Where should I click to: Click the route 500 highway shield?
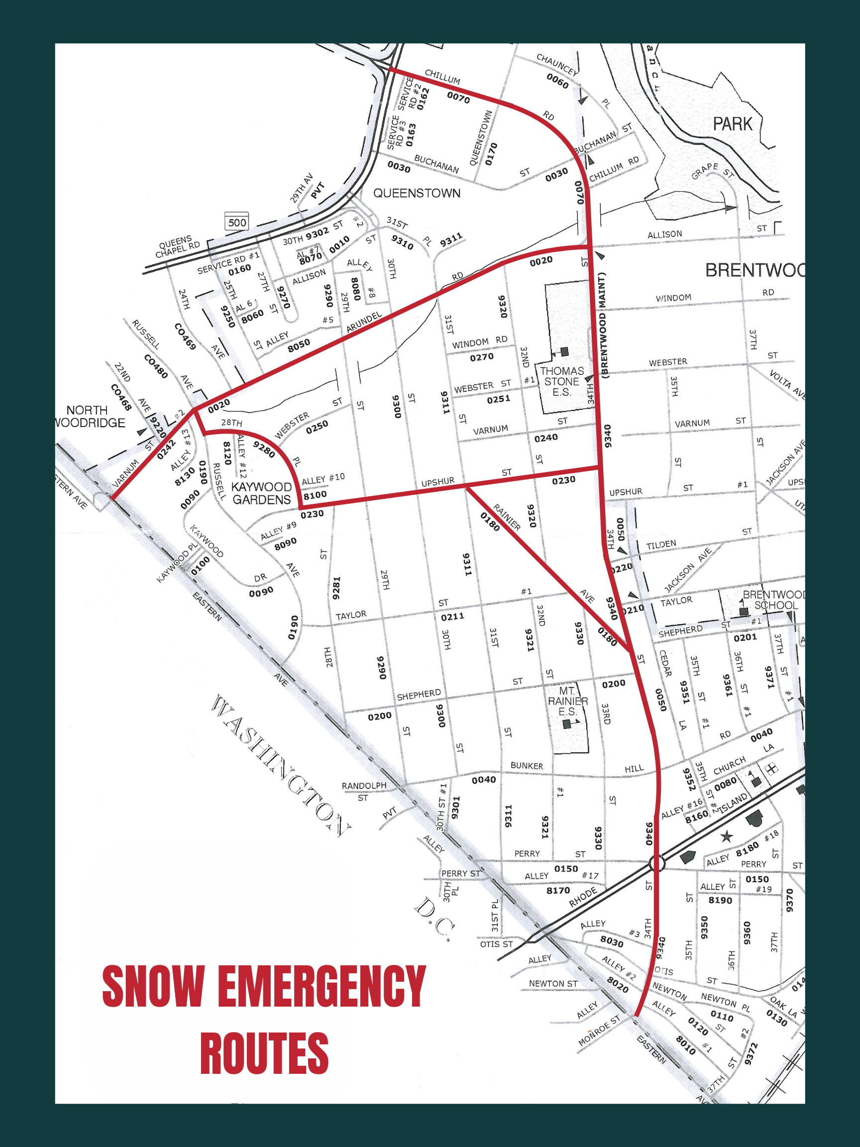[236, 222]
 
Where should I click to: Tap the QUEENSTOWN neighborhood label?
[417, 194]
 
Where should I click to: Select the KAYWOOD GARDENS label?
[261, 493]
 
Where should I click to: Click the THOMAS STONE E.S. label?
[561, 381]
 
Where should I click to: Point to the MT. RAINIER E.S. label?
[567, 701]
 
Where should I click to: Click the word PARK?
[732, 124]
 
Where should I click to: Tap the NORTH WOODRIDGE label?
[90, 416]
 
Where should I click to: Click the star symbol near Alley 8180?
[727, 836]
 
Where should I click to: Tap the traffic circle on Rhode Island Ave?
[657, 863]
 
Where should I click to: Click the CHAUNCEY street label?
[557, 64]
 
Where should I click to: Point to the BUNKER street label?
[527, 766]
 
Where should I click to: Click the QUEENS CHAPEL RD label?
[178, 247]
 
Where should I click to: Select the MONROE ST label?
[599, 1031]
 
